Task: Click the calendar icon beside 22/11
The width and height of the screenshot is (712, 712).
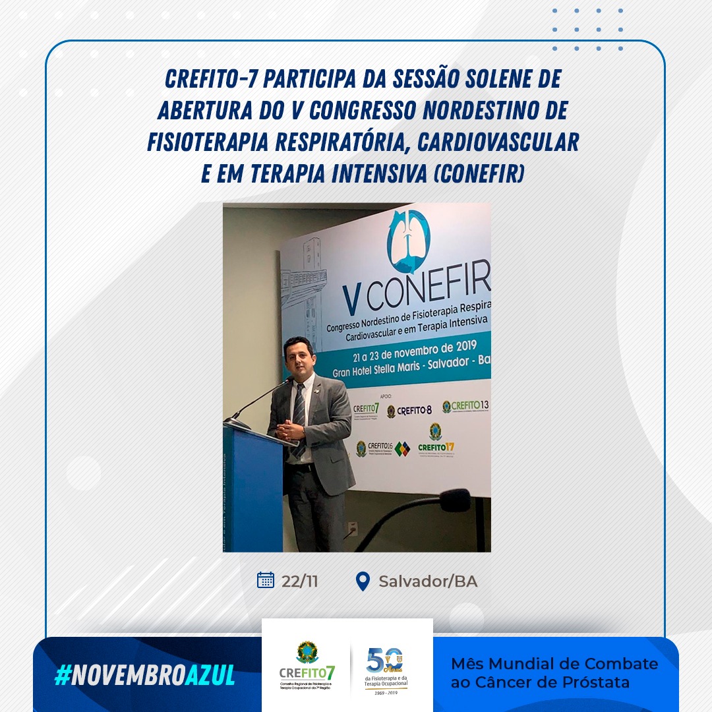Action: tap(265, 580)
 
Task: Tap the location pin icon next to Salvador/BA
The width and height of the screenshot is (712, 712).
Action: tap(362, 581)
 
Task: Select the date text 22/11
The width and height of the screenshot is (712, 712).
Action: tap(299, 581)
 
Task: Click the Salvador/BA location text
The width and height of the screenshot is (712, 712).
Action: tap(428, 581)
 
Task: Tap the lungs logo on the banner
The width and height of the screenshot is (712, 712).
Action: tap(408, 241)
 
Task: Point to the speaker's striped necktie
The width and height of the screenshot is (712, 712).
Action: tap(299, 415)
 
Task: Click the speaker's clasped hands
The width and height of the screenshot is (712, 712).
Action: tap(289, 430)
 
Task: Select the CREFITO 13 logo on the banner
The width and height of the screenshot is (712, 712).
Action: tap(465, 406)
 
